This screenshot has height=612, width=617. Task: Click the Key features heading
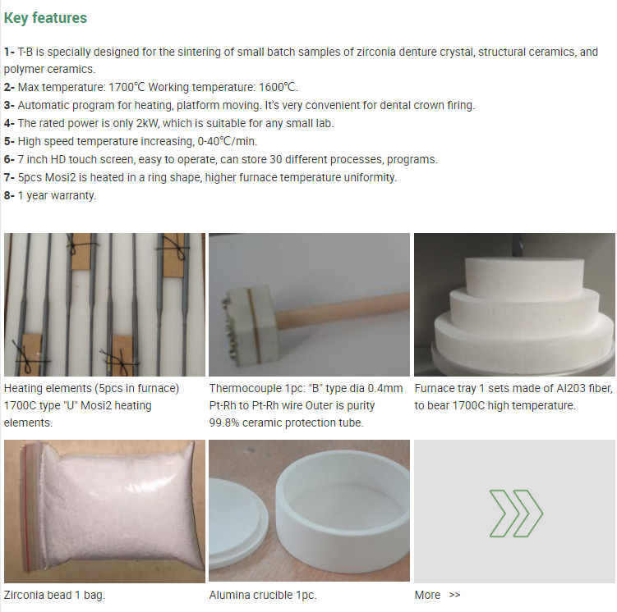pos(45,18)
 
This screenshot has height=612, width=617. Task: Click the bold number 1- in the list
pos(9,52)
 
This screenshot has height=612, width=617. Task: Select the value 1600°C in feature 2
pos(277,87)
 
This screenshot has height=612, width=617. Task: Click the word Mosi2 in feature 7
pos(60,177)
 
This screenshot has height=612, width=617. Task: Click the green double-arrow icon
pos(516,513)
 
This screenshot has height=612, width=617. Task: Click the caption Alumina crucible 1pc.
pos(263,595)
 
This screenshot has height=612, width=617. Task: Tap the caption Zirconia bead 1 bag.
pos(54,595)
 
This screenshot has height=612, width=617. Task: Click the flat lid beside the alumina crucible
pos(237,510)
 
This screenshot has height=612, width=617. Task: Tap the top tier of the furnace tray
pos(523,275)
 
